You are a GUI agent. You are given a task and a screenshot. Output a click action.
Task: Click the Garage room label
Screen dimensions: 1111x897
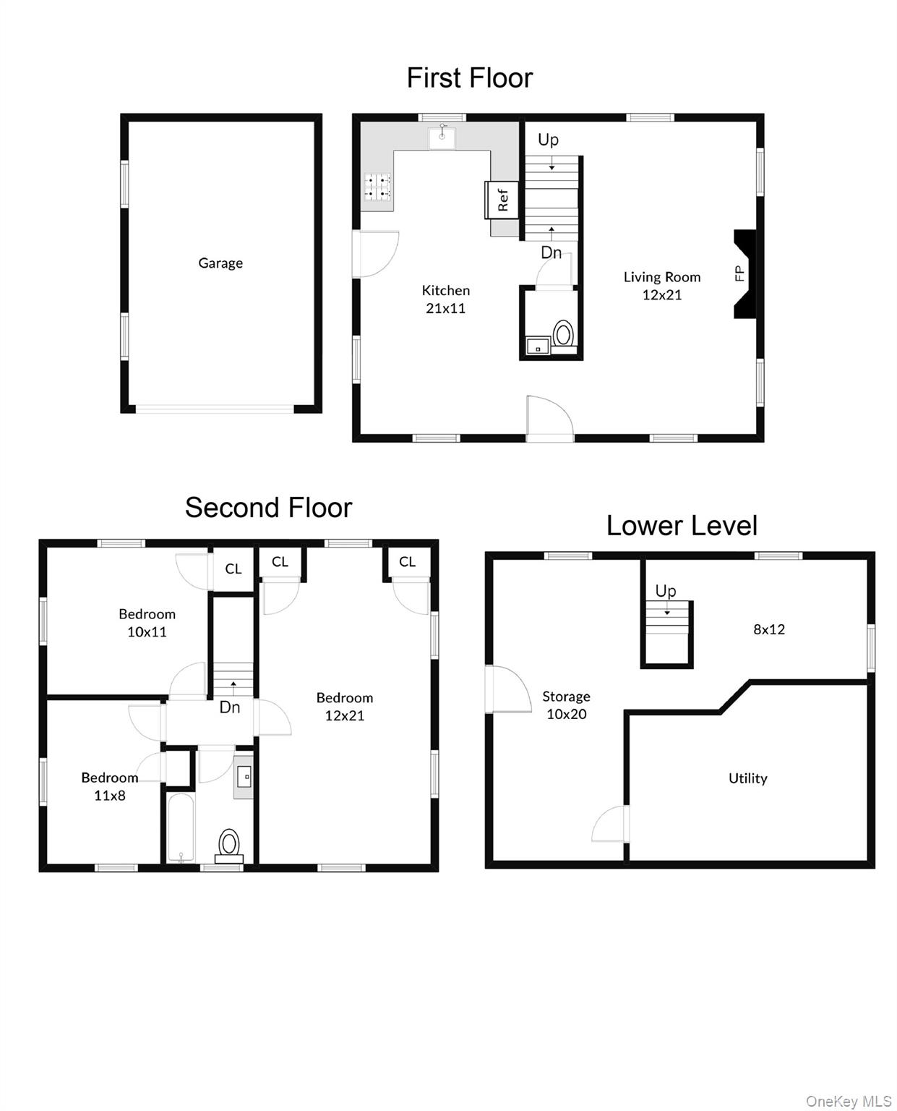[x=220, y=263]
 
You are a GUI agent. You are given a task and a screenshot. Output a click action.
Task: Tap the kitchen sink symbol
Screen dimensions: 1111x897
[x=442, y=137]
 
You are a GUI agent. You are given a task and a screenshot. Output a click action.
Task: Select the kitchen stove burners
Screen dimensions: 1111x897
[x=377, y=187]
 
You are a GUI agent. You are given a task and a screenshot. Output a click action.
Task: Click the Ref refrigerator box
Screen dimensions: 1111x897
[x=502, y=200]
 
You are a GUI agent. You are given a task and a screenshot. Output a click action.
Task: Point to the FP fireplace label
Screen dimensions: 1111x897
[x=739, y=273]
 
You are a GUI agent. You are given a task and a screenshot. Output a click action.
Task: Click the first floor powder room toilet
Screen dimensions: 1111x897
[x=563, y=335]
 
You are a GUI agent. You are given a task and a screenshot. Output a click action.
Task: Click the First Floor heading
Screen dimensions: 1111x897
[x=469, y=78]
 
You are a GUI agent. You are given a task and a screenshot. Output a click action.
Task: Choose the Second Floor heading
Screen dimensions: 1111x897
[x=268, y=508]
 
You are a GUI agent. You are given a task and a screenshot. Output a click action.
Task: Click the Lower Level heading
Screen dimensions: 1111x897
[x=682, y=526]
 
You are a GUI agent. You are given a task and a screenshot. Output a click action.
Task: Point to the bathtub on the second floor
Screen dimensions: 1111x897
[x=180, y=828]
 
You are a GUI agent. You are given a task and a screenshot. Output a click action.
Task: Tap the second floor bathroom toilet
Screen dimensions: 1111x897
[x=229, y=844]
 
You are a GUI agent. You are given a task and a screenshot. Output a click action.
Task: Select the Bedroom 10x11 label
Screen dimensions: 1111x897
[x=147, y=623]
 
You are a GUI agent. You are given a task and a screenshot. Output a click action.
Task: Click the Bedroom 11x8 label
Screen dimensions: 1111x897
[x=110, y=786]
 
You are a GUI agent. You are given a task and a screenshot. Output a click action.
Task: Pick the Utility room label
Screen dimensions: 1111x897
[x=747, y=778]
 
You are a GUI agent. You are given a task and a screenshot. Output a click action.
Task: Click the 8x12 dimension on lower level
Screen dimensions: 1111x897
[x=769, y=629]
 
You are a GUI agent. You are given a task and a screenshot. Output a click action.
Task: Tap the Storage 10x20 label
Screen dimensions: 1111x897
[x=566, y=705]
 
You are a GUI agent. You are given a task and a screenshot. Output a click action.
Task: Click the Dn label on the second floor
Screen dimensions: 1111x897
[x=230, y=707]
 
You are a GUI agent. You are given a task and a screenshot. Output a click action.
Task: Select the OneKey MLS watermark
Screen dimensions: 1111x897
[x=848, y=1101]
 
